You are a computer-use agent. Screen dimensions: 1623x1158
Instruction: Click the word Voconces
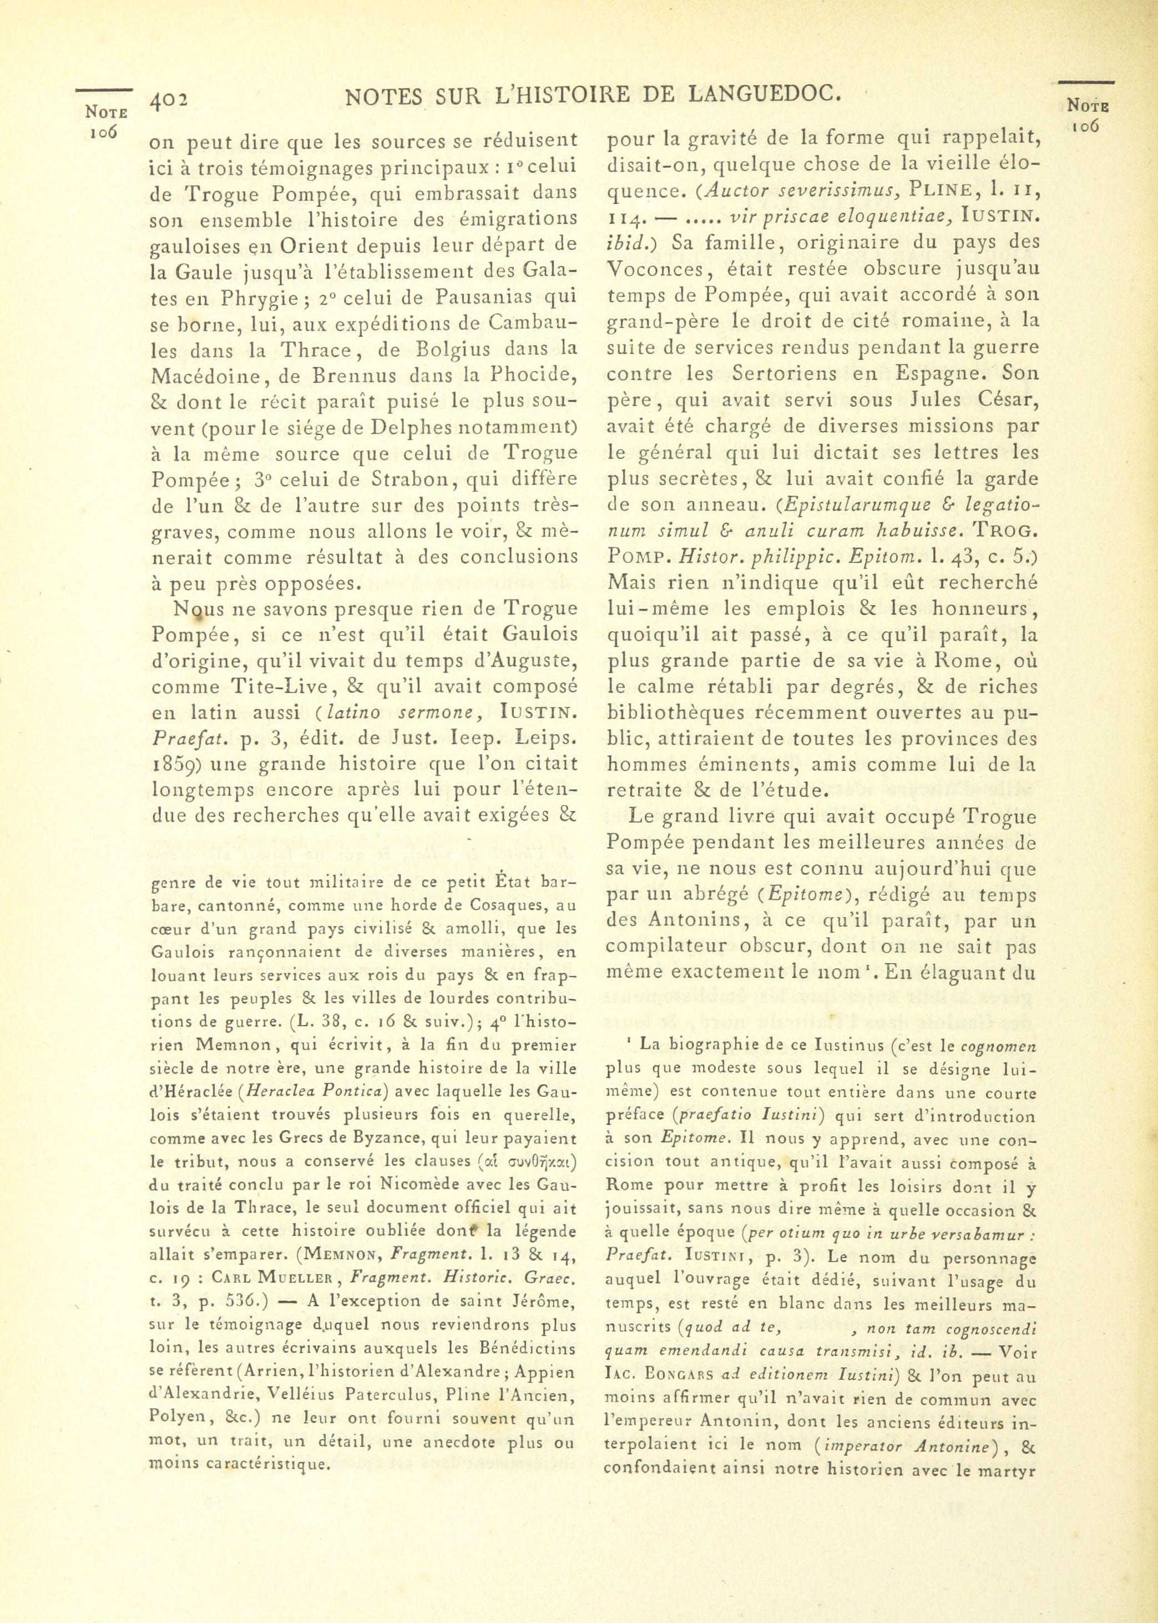[653, 269]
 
